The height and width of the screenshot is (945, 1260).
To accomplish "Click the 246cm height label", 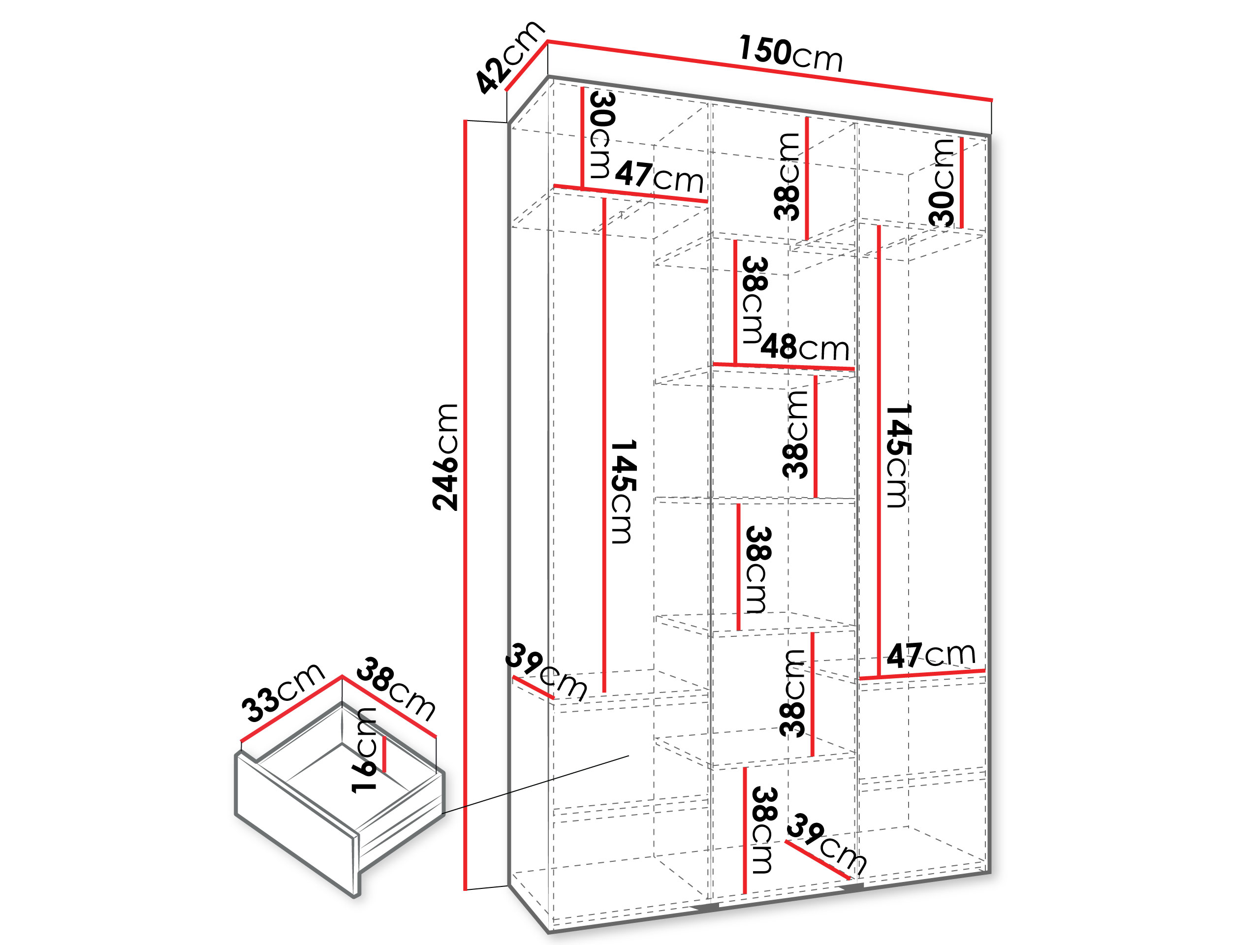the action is (445, 457).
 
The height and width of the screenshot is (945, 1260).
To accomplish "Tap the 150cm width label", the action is (790, 53).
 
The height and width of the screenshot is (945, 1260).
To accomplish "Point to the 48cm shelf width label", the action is (805, 346).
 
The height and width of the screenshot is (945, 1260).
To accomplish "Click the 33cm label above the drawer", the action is (283, 692).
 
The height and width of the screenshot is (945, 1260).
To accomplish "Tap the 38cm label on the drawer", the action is (396, 688).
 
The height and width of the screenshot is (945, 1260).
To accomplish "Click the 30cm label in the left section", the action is (601, 135).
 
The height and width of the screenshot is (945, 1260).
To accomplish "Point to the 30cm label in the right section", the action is (941, 182).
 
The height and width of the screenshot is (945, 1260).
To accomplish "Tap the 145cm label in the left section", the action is (623, 492).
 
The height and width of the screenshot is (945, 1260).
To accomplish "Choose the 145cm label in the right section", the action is (899, 455).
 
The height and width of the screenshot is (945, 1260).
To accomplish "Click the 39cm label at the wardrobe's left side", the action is (546, 671).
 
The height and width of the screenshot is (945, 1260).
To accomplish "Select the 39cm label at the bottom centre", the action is (826, 844).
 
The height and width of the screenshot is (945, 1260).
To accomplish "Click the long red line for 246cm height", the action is (466, 504).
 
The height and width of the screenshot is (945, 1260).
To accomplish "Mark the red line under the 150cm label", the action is (770, 71).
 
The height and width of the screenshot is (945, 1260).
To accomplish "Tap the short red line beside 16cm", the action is (384, 755).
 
